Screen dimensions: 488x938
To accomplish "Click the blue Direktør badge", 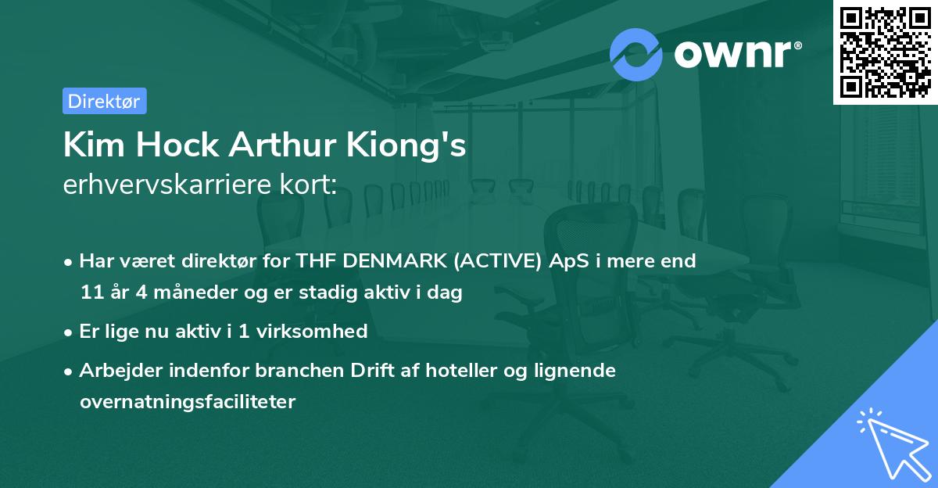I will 104,101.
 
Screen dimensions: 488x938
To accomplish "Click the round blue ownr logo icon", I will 636,54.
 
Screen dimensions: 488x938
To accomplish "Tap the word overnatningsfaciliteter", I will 187,402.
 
